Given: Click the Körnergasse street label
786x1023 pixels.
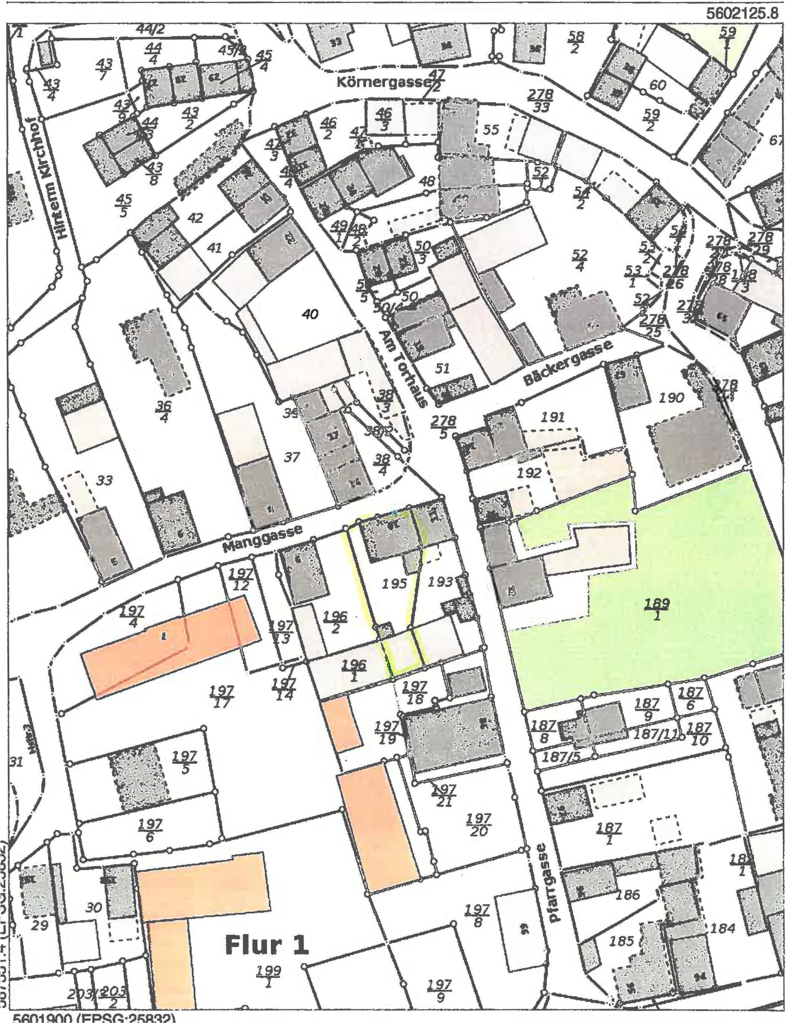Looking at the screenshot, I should point(383,82).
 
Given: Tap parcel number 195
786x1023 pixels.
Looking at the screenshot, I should point(394,584).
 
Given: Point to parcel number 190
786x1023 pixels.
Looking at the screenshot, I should point(671,398).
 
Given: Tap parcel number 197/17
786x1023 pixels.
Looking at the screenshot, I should point(222,696).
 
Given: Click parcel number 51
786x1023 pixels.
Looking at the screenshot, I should point(442,368).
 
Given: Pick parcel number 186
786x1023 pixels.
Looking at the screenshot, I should point(628,895).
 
